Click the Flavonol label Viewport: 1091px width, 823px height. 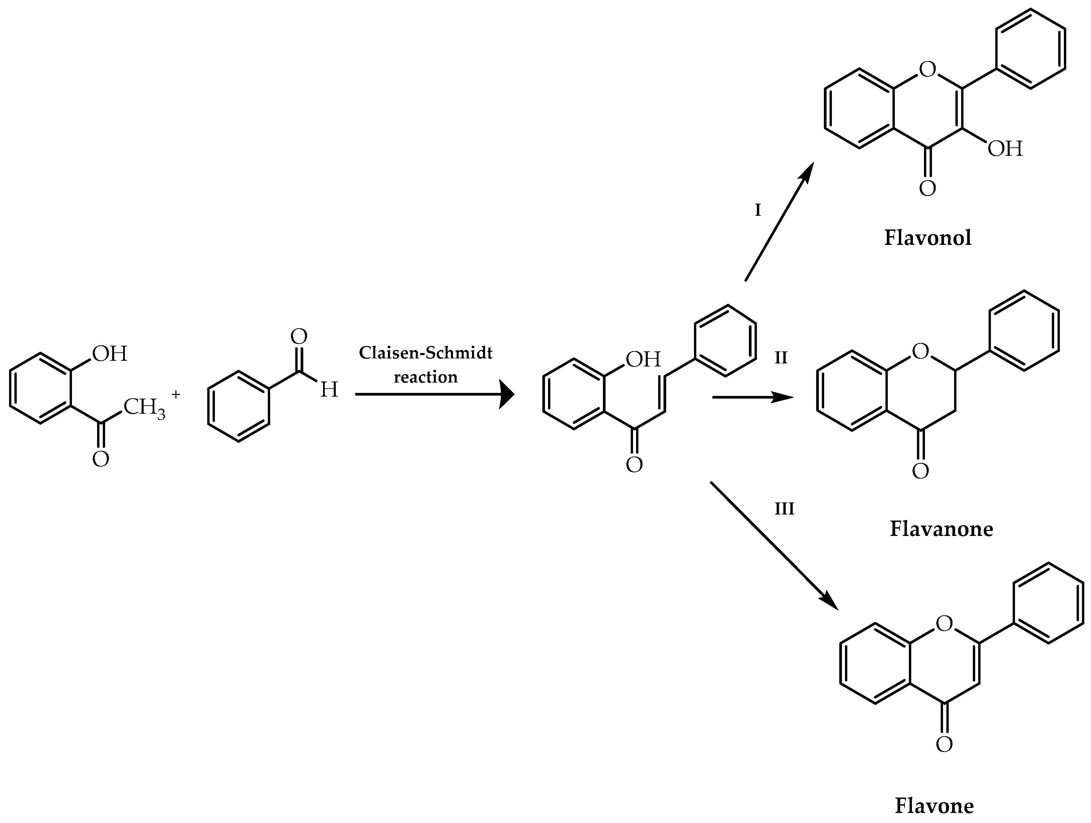coord(928,238)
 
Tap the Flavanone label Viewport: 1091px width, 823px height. coord(941,529)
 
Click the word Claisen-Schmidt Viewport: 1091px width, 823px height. coord(425,353)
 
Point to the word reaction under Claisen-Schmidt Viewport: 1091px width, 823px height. coord(425,377)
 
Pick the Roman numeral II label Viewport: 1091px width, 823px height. coord(781,358)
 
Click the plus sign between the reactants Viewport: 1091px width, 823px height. coord(176,394)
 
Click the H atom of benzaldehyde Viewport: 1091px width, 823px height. coord(329,390)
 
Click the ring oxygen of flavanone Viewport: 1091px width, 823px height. coord(920,351)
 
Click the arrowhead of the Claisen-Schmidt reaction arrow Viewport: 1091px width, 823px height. coord(507,394)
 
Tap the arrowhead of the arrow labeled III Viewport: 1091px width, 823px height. coord(830,603)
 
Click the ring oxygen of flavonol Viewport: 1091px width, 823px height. coord(927,70)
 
